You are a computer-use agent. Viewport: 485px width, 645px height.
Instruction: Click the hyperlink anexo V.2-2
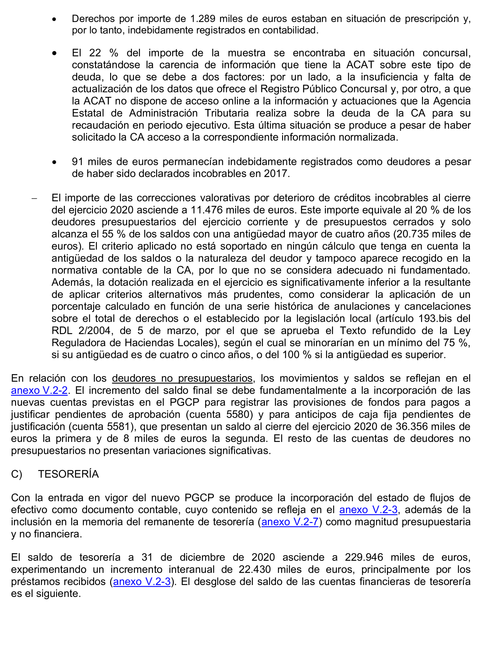(39, 390)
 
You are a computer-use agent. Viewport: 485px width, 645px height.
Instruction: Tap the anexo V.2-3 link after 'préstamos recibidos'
(142, 582)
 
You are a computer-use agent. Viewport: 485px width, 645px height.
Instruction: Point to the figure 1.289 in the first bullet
(203, 19)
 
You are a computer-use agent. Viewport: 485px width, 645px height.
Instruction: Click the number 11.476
(207, 210)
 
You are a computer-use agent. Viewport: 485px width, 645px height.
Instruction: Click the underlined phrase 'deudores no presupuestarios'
(182, 378)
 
